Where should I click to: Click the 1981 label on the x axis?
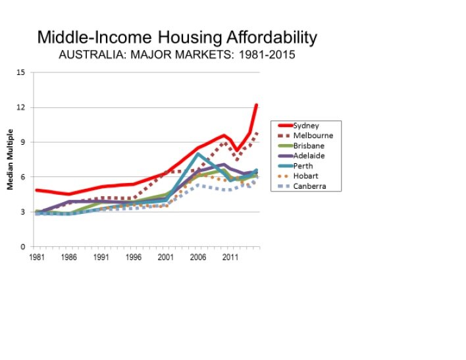click(36, 259)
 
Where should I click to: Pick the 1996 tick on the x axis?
click(133, 259)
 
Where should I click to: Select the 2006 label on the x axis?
click(197, 259)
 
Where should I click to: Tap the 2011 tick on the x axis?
click(230, 259)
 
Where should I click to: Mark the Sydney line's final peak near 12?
click(256, 105)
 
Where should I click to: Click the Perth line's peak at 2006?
click(197, 154)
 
